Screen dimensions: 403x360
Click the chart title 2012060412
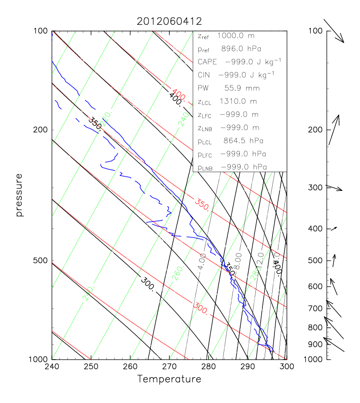(169, 21)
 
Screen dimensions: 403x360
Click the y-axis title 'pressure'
(19, 195)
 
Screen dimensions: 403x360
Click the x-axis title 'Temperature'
(169, 379)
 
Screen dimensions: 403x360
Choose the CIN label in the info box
(203, 75)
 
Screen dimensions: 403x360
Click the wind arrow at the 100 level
(334, 31)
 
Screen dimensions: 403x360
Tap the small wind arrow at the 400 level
(334, 229)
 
